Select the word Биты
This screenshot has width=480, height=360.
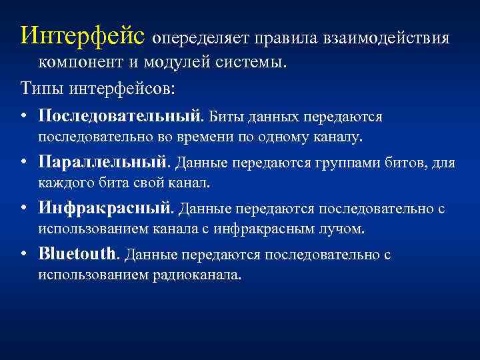226,117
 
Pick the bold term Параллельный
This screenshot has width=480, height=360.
105,162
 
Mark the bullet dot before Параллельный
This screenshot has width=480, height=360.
23,163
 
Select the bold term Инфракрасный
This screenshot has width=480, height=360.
106,208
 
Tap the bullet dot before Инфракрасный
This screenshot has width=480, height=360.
23,209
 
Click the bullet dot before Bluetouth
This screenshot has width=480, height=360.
23,254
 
